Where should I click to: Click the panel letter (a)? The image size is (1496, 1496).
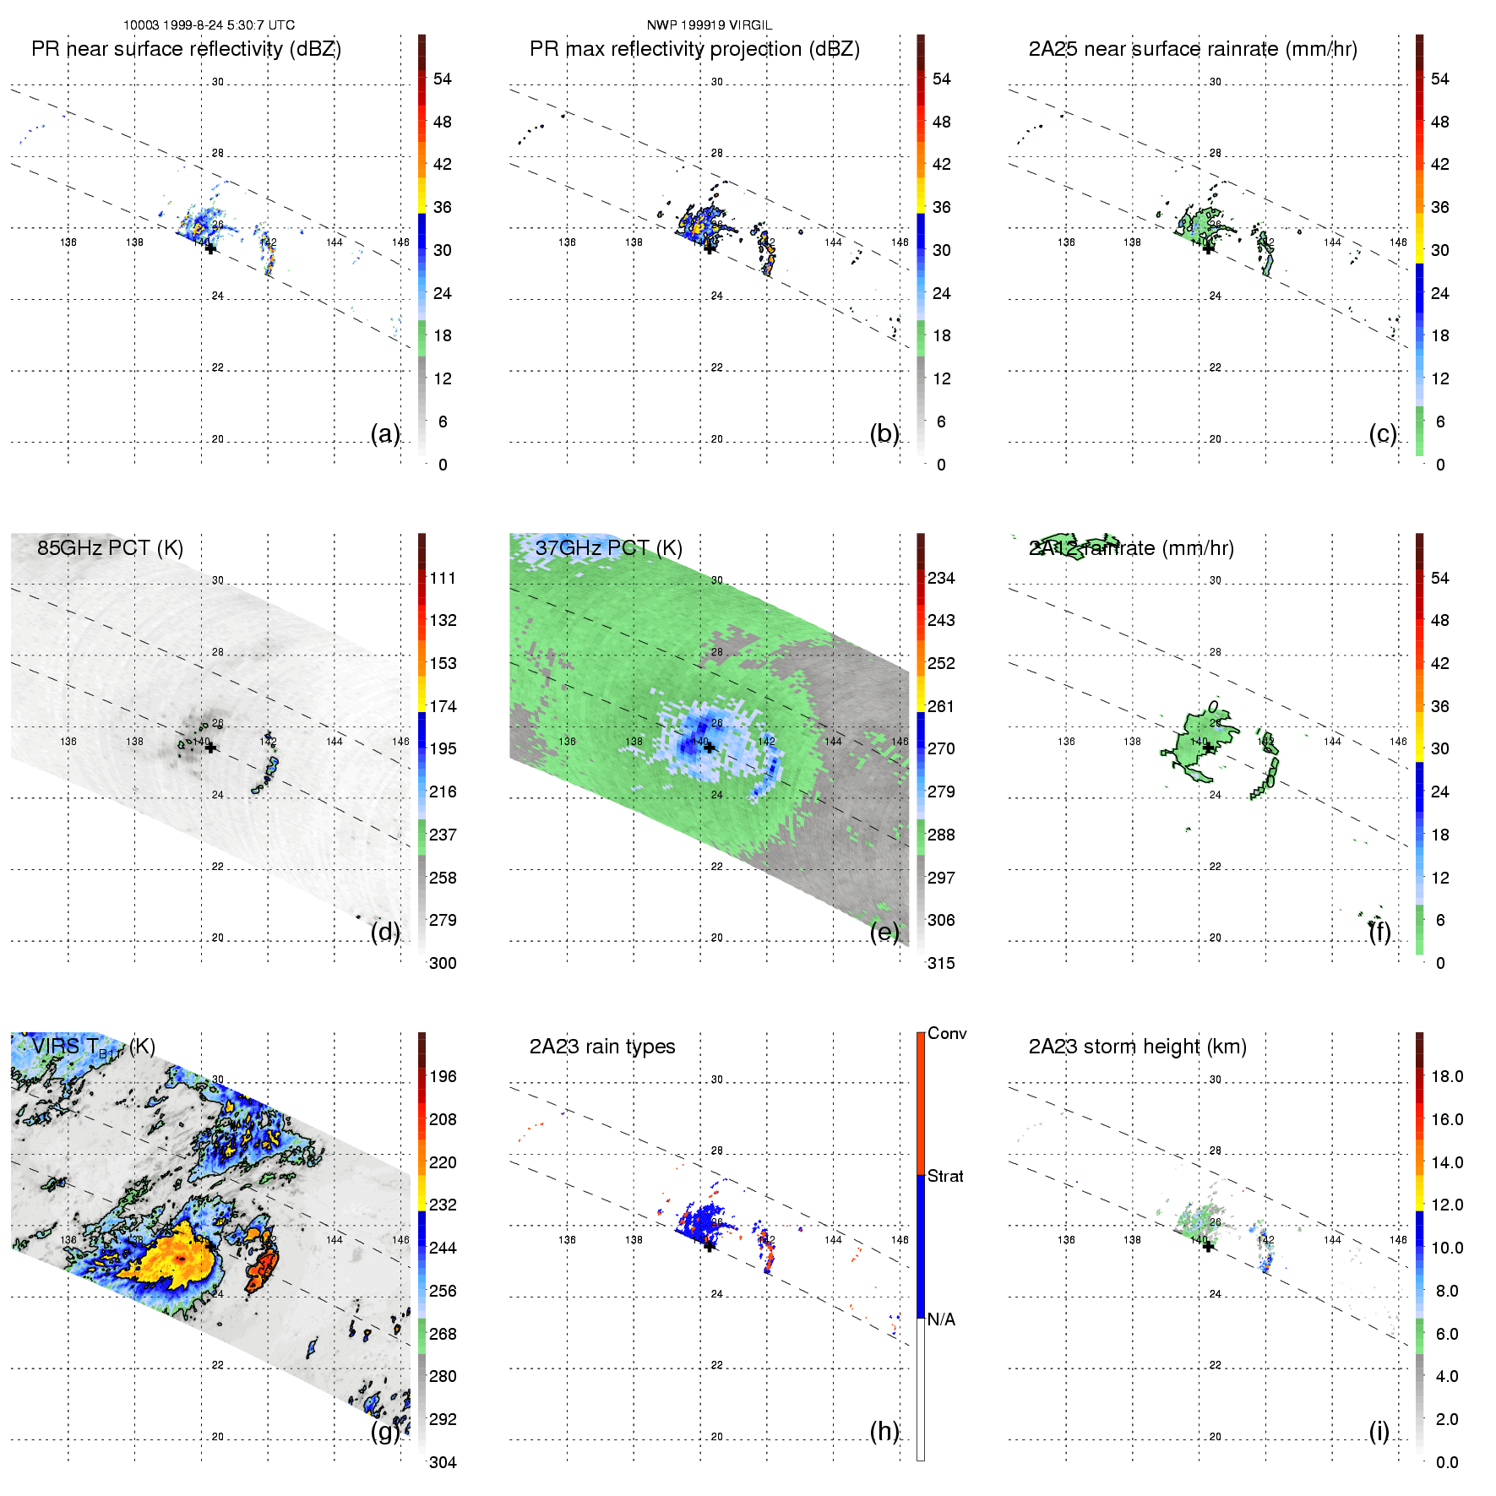(384, 433)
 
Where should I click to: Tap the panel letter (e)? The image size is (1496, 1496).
(884, 932)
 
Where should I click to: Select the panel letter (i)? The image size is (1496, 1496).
(1379, 1431)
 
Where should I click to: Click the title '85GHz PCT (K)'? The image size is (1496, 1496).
(110, 547)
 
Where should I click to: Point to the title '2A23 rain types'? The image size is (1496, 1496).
(601, 1047)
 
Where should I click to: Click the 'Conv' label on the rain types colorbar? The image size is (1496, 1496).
(946, 1033)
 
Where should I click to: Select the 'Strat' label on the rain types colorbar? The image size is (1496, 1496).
(945, 1176)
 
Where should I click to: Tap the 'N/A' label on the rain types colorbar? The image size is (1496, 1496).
(941, 1319)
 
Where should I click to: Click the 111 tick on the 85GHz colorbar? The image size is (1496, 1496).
(443, 578)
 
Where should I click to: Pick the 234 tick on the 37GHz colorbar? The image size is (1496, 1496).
(941, 578)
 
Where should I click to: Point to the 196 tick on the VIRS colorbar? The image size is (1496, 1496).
(443, 1076)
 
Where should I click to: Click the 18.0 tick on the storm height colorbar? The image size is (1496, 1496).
(1446, 1076)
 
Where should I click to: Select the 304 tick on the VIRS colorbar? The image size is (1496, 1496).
(443, 1462)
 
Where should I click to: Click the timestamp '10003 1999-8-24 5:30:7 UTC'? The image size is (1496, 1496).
(209, 25)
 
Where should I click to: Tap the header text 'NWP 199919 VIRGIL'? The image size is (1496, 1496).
(710, 25)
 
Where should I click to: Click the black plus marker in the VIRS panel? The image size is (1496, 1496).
(210, 1246)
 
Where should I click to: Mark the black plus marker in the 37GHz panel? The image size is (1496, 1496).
(710, 748)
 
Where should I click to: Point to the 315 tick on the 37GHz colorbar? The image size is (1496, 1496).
(941, 963)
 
